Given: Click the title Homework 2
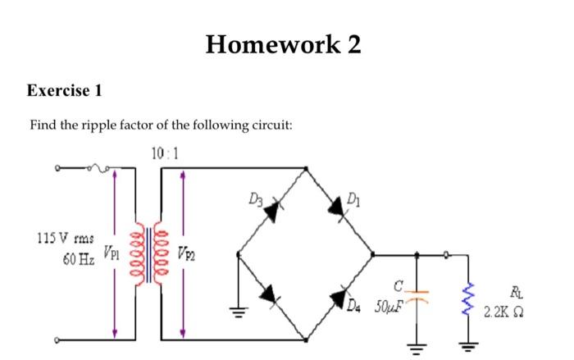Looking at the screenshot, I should pyautogui.click(x=283, y=44).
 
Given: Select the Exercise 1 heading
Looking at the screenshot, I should pyautogui.click(x=65, y=90).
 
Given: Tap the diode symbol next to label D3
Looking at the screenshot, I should pyautogui.click(x=271, y=212).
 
